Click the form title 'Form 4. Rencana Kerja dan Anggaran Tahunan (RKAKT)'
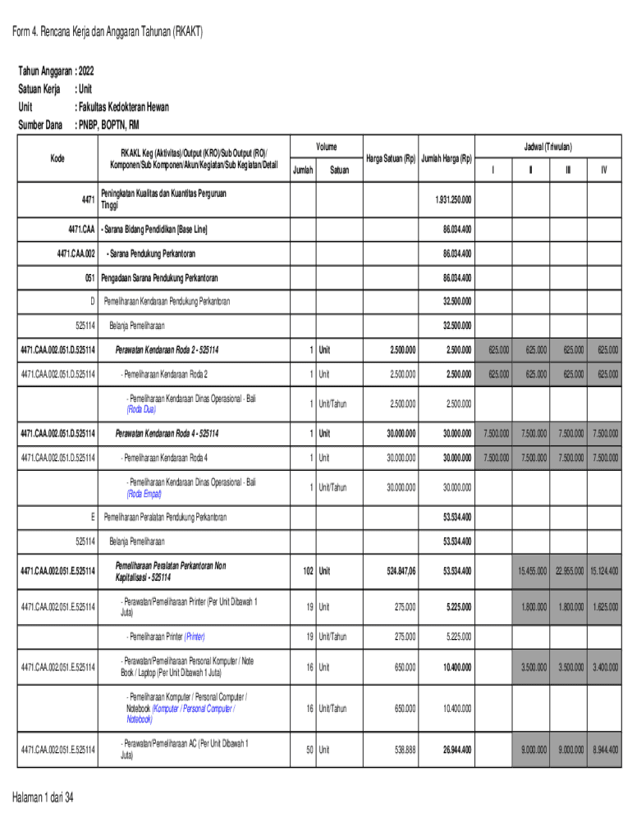(x=107, y=33)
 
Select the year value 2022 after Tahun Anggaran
(x=94, y=71)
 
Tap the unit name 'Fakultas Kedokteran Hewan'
(x=124, y=107)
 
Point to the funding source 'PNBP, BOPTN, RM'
(x=108, y=125)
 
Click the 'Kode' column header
(x=57, y=157)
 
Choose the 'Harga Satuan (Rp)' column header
(x=389, y=158)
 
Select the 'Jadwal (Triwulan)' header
(x=548, y=146)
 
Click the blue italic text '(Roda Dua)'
(x=141, y=409)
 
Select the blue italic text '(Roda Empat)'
(x=144, y=494)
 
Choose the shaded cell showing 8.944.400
(x=602, y=749)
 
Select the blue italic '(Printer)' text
(x=195, y=636)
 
